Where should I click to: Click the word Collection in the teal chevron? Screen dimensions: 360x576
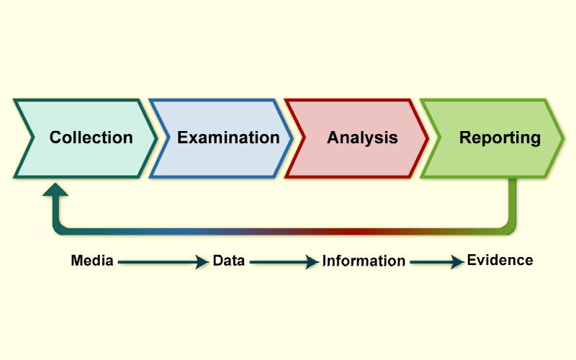pyautogui.click(x=91, y=138)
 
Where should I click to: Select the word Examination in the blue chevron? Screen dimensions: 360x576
pyautogui.click(x=228, y=138)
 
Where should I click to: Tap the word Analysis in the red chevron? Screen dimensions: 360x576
pyautogui.click(x=362, y=138)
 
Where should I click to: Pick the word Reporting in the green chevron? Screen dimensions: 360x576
pyautogui.click(x=500, y=138)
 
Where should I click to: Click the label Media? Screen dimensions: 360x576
pyautogui.click(x=92, y=261)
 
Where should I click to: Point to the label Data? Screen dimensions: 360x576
pyautogui.click(x=228, y=261)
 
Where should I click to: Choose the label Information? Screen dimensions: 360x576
pyautogui.click(x=364, y=261)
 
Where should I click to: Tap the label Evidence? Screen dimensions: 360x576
pyautogui.click(x=500, y=260)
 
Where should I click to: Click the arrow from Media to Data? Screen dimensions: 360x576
pyautogui.click(x=162, y=263)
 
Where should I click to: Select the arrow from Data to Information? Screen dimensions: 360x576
pyautogui.click(x=284, y=263)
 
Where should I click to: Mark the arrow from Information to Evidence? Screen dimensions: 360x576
pyautogui.click(x=436, y=263)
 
